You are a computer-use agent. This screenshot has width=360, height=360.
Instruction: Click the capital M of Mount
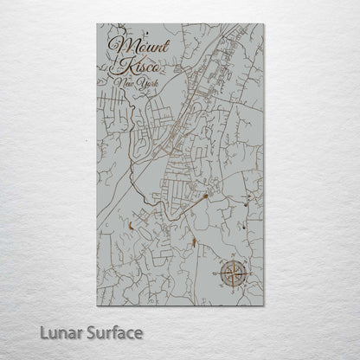[119, 45]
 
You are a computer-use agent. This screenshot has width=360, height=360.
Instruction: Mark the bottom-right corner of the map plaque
[263, 306]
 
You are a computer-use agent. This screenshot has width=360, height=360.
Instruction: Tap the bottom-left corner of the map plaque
[97, 306]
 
